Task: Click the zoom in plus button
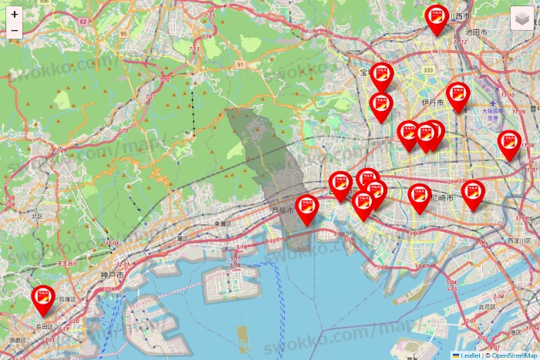[x=15, y=15]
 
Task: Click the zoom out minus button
[x=15, y=31]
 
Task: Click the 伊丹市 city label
[x=434, y=101]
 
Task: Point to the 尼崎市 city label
[x=443, y=198]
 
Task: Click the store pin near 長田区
[x=42, y=298]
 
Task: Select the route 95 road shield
[x=123, y=34]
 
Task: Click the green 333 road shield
[x=428, y=69]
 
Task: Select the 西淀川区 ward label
[x=517, y=241]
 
